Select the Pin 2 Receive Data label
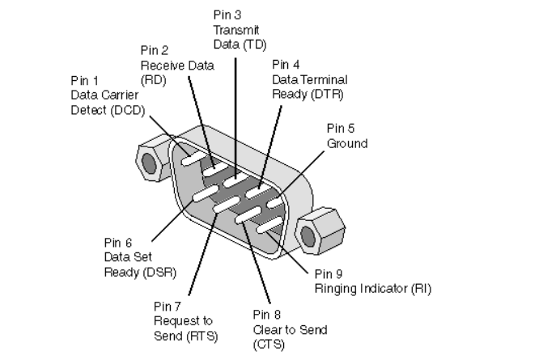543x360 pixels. click(176, 66)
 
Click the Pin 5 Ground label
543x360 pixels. click(346, 136)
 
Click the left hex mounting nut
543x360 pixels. click(151, 163)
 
